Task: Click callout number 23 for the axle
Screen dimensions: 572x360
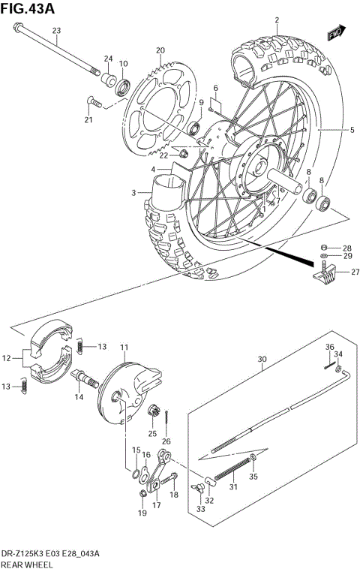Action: pyautogui.click(x=55, y=30)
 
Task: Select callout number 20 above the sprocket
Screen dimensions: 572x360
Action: pyautogui.click(x=160, y=50)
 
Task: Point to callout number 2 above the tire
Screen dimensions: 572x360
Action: pyautogui.click(x=276, y=20)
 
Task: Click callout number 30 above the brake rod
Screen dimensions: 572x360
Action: pyautogui.click(x=262, y=359)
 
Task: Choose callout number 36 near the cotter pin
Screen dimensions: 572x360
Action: pyautogui.click(x=328, y=347)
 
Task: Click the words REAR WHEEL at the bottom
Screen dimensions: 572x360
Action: pyautogui.click(x=31, y=563)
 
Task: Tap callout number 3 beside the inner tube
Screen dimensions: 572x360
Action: pyautogui.click(x=133, y=194)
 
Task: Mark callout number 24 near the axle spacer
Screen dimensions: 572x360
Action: pyautogui.click(x=108, y=59)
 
